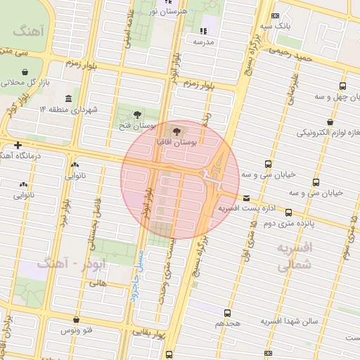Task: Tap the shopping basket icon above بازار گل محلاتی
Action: (26, 72)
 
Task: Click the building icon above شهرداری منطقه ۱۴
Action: (67, 98)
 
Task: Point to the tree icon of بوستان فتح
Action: (136, 114)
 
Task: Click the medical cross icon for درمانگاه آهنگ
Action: (18, 145)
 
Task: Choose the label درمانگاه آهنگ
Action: (28, 155)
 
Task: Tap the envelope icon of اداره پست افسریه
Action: (246, 198)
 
